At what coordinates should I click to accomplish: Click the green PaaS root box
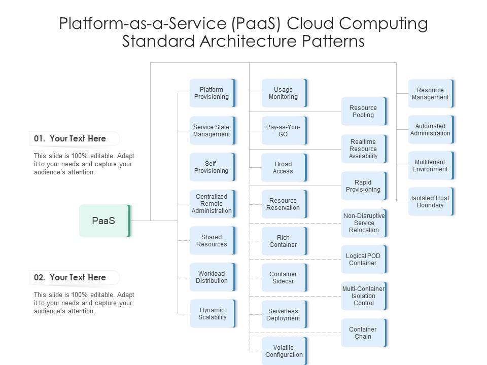pos(105,221)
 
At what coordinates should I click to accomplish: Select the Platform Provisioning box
pos(212,93)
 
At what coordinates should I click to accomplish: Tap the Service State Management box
pos(212,131)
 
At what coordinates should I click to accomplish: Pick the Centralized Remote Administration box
pos(212,204)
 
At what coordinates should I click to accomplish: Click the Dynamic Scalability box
pos(212,314)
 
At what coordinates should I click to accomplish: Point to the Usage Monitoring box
pos(284,93)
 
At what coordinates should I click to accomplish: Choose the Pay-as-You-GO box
pos(284,131)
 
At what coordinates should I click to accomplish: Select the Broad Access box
pos(284,168)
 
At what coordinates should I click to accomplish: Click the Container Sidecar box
pos(284,278)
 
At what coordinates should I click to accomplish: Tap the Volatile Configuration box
pos(284,351)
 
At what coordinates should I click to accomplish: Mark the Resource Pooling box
pos(363,112)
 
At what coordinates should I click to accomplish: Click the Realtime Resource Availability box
pos(363,149)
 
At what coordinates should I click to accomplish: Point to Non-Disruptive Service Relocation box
pos(363,223)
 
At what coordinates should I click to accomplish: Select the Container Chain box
pos(363,333)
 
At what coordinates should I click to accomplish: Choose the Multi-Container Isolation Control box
pos(363,296)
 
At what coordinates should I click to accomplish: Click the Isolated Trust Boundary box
pos(430,202)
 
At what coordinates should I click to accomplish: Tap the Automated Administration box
pos(430,130)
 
